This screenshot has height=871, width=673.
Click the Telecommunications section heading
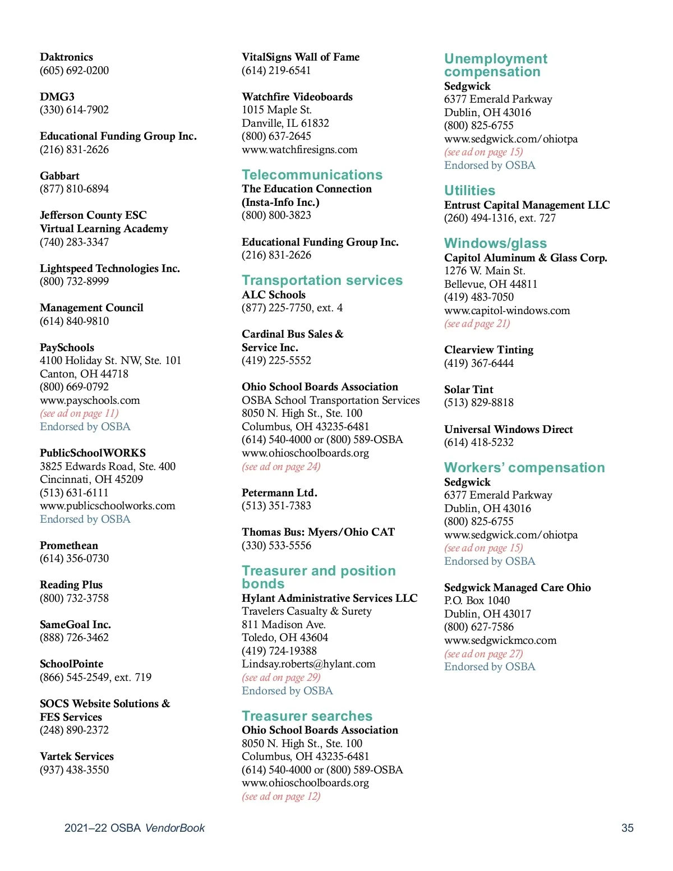[x=312, y=175]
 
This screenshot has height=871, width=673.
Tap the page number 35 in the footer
[x=627, y=828]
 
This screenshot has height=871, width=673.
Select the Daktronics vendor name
[x=66, y=57]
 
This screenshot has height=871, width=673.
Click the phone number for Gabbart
[x=74, y=189]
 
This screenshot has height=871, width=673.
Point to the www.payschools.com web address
[x=90, y=400]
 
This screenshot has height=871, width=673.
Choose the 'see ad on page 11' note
[x=79, y=413]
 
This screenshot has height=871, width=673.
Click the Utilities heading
[x=469, y=191]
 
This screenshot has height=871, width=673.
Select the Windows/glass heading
[x=495, y=243]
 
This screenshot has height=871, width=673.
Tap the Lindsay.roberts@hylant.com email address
[x=308, y=664]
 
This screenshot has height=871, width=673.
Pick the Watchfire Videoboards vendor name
[x=297, y=97]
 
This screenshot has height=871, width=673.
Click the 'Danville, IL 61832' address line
[x=285, y=123]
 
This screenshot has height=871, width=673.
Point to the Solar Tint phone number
[x=478, y=403]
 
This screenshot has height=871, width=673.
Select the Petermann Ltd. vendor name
[x=279, y=493]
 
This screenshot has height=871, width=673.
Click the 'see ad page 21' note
[x=477, y=324]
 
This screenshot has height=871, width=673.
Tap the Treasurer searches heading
[x=307, y=716]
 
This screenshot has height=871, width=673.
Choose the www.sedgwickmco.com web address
[x=500, y=640]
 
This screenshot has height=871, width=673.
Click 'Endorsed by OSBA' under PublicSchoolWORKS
[x=85, y=519]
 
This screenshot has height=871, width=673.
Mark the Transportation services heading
[x=322, y=280]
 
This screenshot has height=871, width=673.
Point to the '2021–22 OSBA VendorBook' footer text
[x=135, y=828]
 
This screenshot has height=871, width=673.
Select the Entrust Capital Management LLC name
[x=527, y=205]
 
